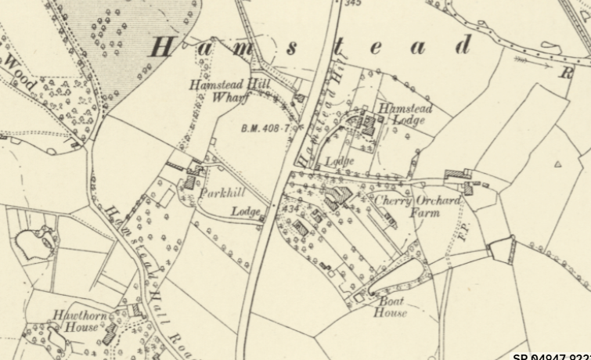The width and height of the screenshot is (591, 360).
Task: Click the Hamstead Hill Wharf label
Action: [x=221, y=92]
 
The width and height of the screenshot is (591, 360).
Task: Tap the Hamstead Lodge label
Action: [x=402, y=114]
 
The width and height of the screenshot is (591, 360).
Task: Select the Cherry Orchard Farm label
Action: [x=416, y=207]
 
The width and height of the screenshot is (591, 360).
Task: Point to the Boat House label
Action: [x=393, y=307]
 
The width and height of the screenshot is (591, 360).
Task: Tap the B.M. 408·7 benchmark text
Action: [x=265, y=127]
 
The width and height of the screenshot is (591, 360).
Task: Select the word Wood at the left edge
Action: [x=20, y=71]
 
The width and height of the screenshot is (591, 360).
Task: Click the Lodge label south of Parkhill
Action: [x=244, y=211]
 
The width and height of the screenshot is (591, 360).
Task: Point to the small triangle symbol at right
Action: [x=558, y=164]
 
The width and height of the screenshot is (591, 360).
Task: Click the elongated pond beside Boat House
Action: [x=398, y=277]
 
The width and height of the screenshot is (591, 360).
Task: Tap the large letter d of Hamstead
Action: [x=464, y=46]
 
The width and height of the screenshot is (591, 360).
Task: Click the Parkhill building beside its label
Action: [x=189, y=182]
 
